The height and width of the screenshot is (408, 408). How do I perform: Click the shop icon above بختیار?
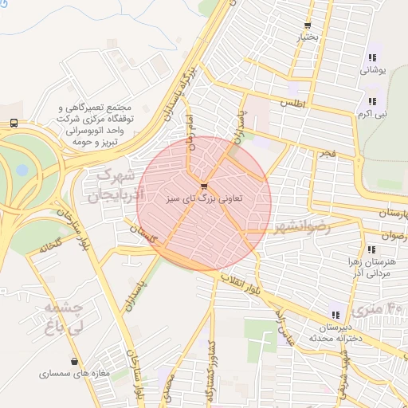(307, 25)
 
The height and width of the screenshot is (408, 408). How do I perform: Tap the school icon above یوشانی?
(372, 57)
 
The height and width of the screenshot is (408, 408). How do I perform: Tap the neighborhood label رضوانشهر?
(300, 227)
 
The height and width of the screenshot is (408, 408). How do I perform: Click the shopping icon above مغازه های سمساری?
(74, 361)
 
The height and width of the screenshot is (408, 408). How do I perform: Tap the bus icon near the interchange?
(14, 123)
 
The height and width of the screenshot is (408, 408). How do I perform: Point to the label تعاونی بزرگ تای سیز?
(205, 198)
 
